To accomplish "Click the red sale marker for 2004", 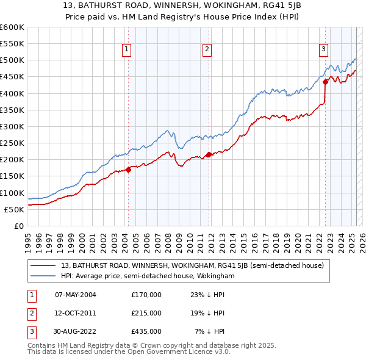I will click(128, 170).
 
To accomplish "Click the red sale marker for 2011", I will click(209, 154).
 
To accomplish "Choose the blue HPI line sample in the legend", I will click(43, 276).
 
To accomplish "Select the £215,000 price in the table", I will click(146, 313).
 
